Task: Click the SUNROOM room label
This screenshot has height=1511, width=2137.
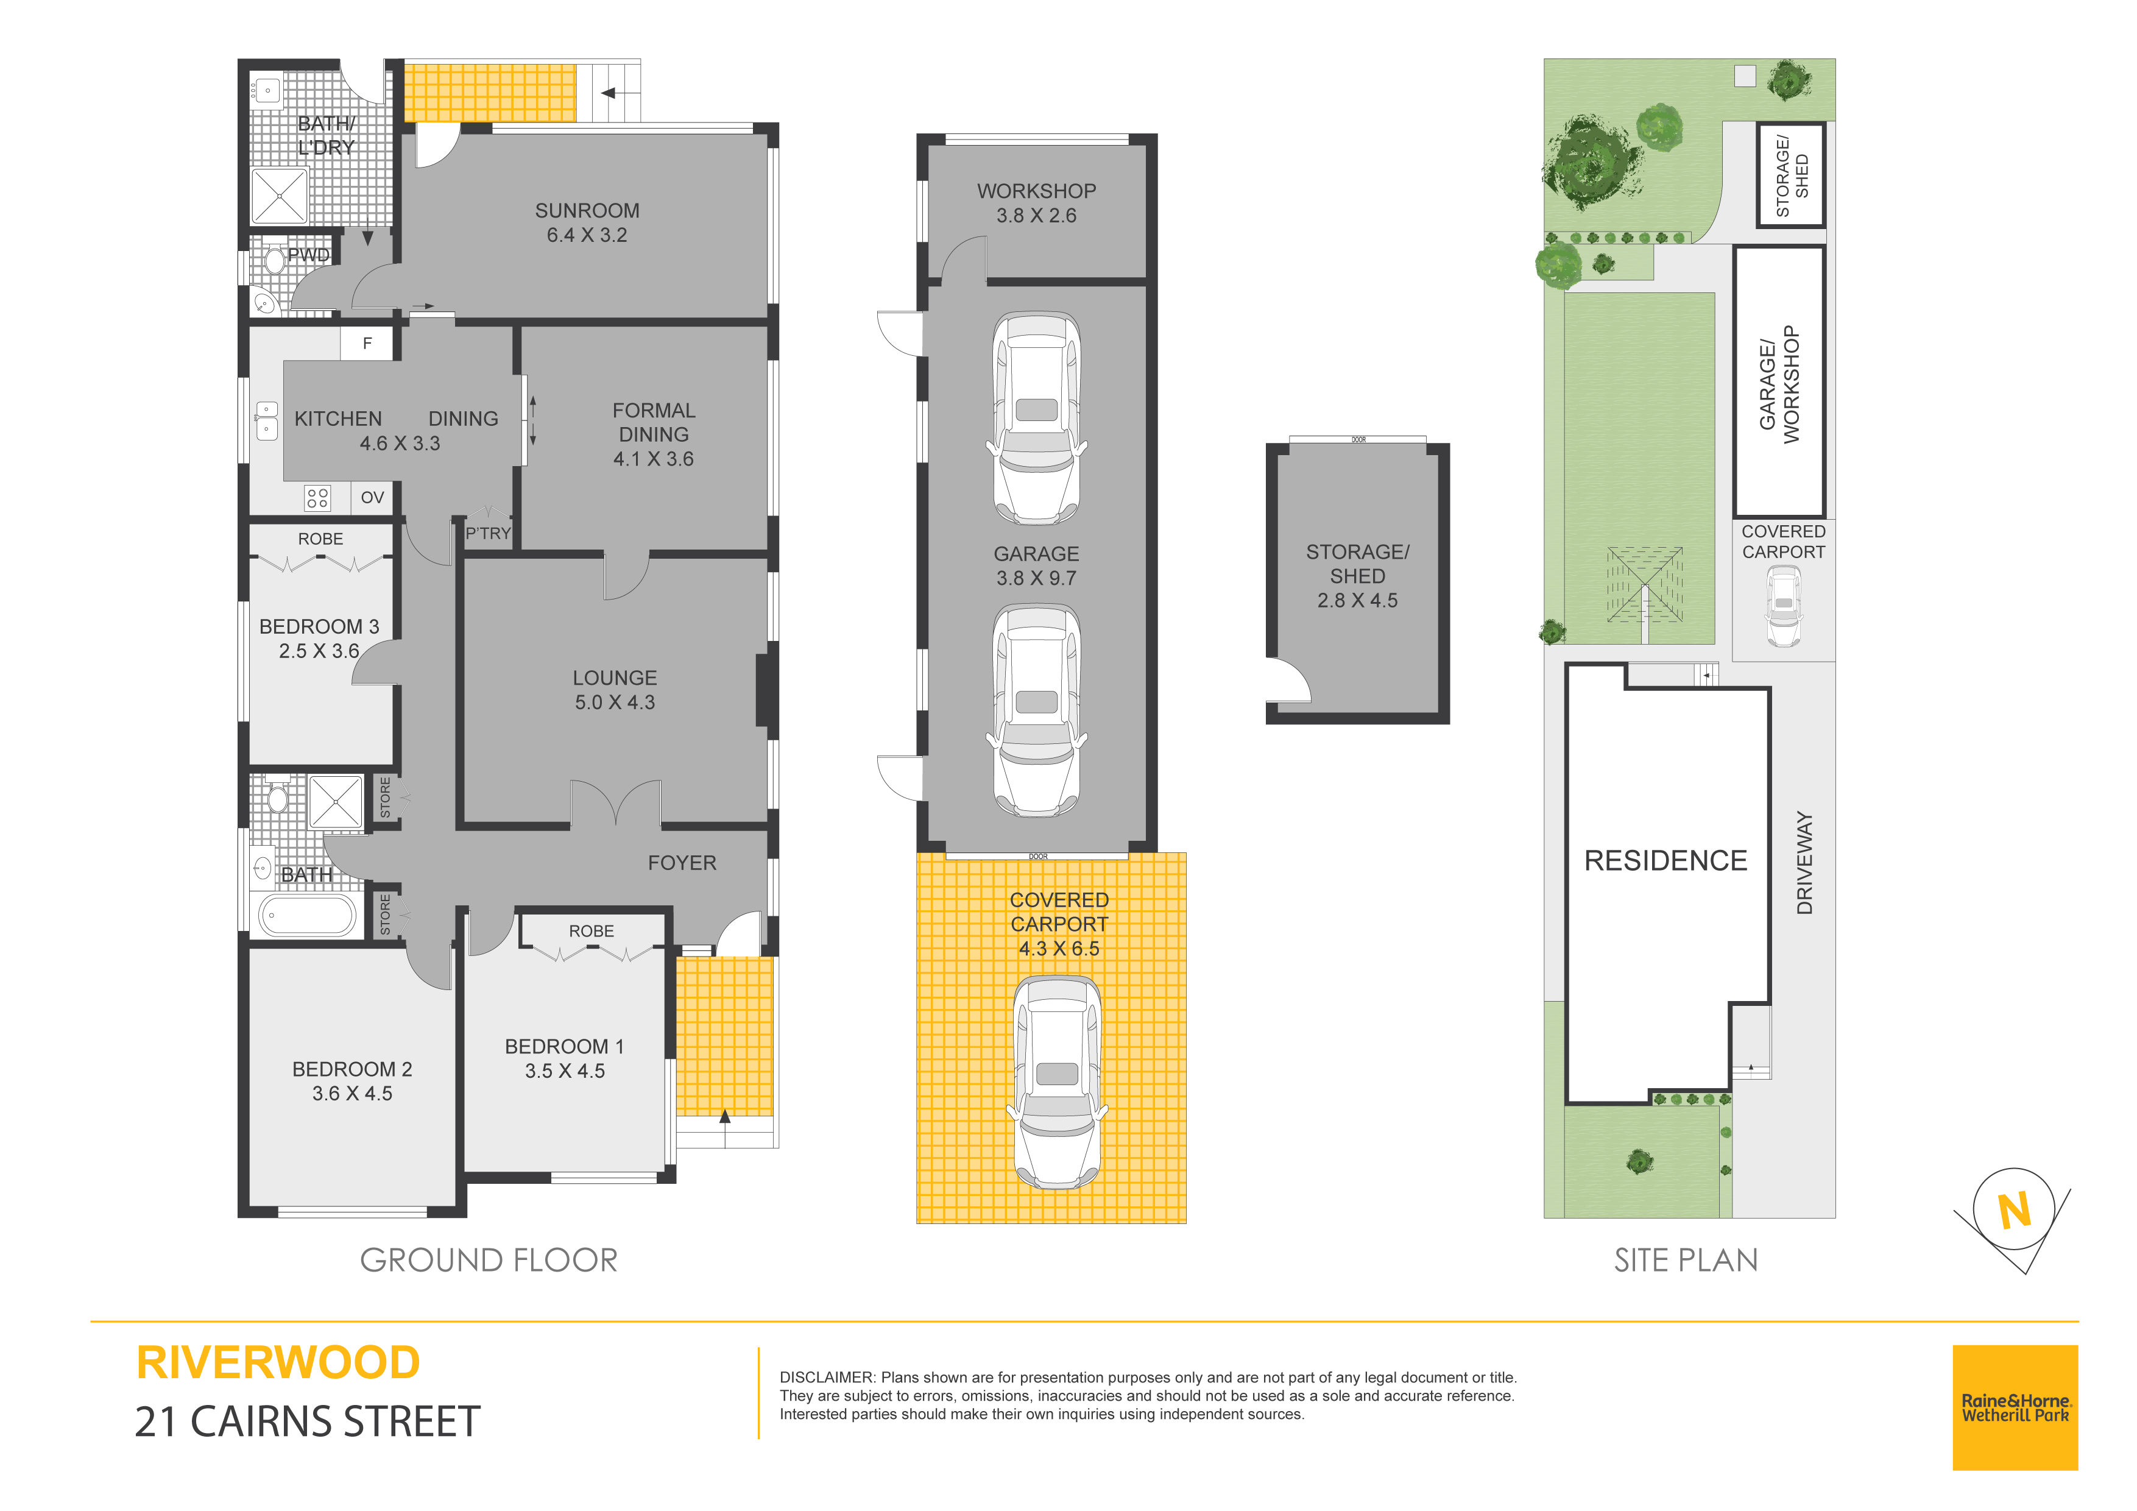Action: point(587,210)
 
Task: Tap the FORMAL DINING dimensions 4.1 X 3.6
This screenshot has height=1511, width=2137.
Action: point(654,459)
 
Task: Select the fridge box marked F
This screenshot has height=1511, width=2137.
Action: point(368,344)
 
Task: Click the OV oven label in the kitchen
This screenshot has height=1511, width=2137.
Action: point(372,497)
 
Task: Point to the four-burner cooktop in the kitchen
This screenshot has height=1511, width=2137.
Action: point(317,498)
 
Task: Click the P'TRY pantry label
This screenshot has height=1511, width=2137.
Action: point(489,534)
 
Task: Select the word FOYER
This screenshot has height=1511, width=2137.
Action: point(682,863)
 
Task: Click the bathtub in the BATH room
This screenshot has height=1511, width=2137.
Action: point(306,915)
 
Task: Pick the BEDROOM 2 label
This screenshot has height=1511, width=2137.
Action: point(352,1069)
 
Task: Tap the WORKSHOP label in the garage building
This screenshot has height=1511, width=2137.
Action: point(1036,191)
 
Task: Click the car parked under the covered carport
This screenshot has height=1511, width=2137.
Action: point(1058,1082)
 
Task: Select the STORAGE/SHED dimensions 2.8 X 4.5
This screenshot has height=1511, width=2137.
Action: point(1357,601)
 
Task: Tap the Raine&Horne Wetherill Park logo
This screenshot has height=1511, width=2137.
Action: point(2015,1407)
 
